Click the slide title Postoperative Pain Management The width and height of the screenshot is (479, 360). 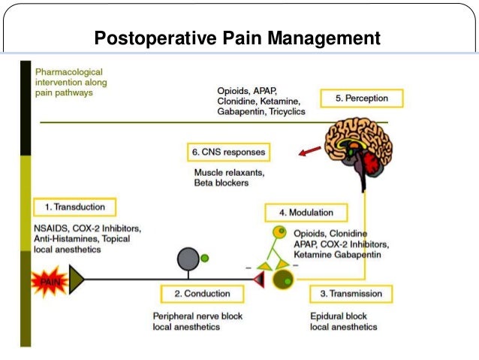236,37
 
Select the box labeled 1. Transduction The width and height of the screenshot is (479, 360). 74,207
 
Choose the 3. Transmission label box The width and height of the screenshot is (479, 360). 351,293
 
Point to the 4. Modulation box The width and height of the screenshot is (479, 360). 308,213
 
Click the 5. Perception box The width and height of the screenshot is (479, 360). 361,98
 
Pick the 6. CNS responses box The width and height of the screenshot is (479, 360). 227,153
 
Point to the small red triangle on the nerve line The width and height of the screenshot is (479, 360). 258,280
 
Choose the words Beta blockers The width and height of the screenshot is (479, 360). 221,183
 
